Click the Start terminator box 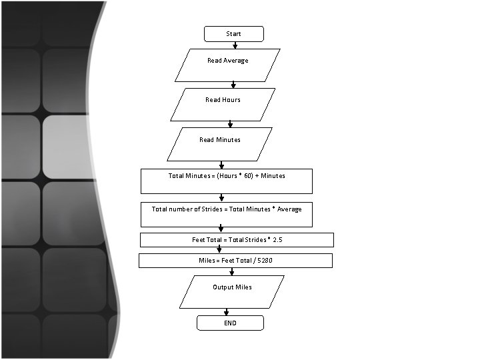[x=233, y=34]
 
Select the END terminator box [x=230, y=323]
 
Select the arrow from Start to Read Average [x=235, y=45]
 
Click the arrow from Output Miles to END [x=227, y=311]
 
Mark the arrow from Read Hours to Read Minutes [x=230, y=124]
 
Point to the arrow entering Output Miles [x=231, y=271]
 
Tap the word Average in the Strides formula [x=289, y=209]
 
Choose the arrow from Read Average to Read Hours [x=233, y=85]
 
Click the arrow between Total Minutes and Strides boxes [x=221, y=197]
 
